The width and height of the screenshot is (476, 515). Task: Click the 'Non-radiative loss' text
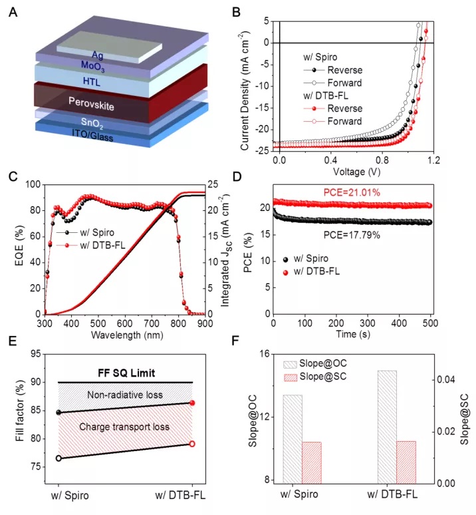(x=126, y=395)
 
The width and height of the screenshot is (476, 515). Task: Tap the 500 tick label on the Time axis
(x=431, y=324)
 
